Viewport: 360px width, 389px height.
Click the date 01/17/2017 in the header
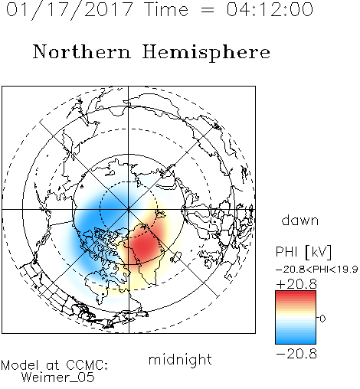[70, 10]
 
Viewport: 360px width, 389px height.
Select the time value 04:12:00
[270, 9]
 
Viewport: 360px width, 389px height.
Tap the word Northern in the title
[82, 51]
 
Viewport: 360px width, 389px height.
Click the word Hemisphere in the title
[206, 53]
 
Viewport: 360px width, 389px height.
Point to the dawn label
[300, 220]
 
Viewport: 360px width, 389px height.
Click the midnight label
[180, 360]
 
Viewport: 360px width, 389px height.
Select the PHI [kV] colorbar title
[303, 252]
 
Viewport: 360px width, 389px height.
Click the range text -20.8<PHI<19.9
[316, 269]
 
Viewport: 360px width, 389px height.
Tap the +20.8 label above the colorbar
[296, 284]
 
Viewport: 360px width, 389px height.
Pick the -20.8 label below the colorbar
[296, 354]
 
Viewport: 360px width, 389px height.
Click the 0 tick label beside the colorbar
[322, 319]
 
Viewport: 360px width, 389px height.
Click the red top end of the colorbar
[296, 293]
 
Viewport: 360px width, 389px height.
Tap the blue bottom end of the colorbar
[296, 342]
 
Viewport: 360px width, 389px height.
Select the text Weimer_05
[58, 378]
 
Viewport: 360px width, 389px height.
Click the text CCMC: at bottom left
[87, 365]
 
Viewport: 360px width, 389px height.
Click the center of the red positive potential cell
[145, 246]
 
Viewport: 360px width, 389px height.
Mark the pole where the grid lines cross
[129, 209]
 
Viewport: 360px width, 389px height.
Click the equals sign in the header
[208, 10]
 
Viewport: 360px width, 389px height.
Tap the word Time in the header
[166, 9]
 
